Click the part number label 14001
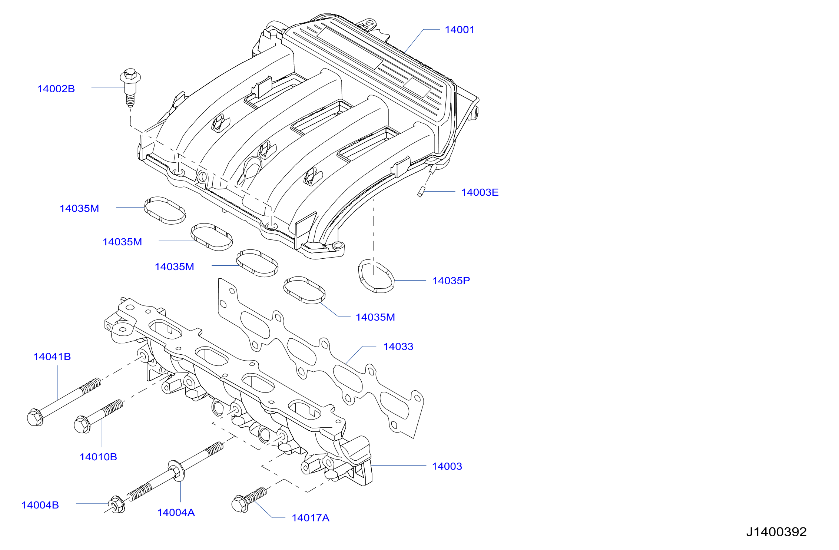[460, 30]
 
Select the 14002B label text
[56, 89]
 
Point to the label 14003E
[480, 192]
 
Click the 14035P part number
[451, 281]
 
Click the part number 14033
[398, 347]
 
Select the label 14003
[447, 466]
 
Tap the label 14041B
[52, 357]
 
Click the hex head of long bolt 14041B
[35, 418]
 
